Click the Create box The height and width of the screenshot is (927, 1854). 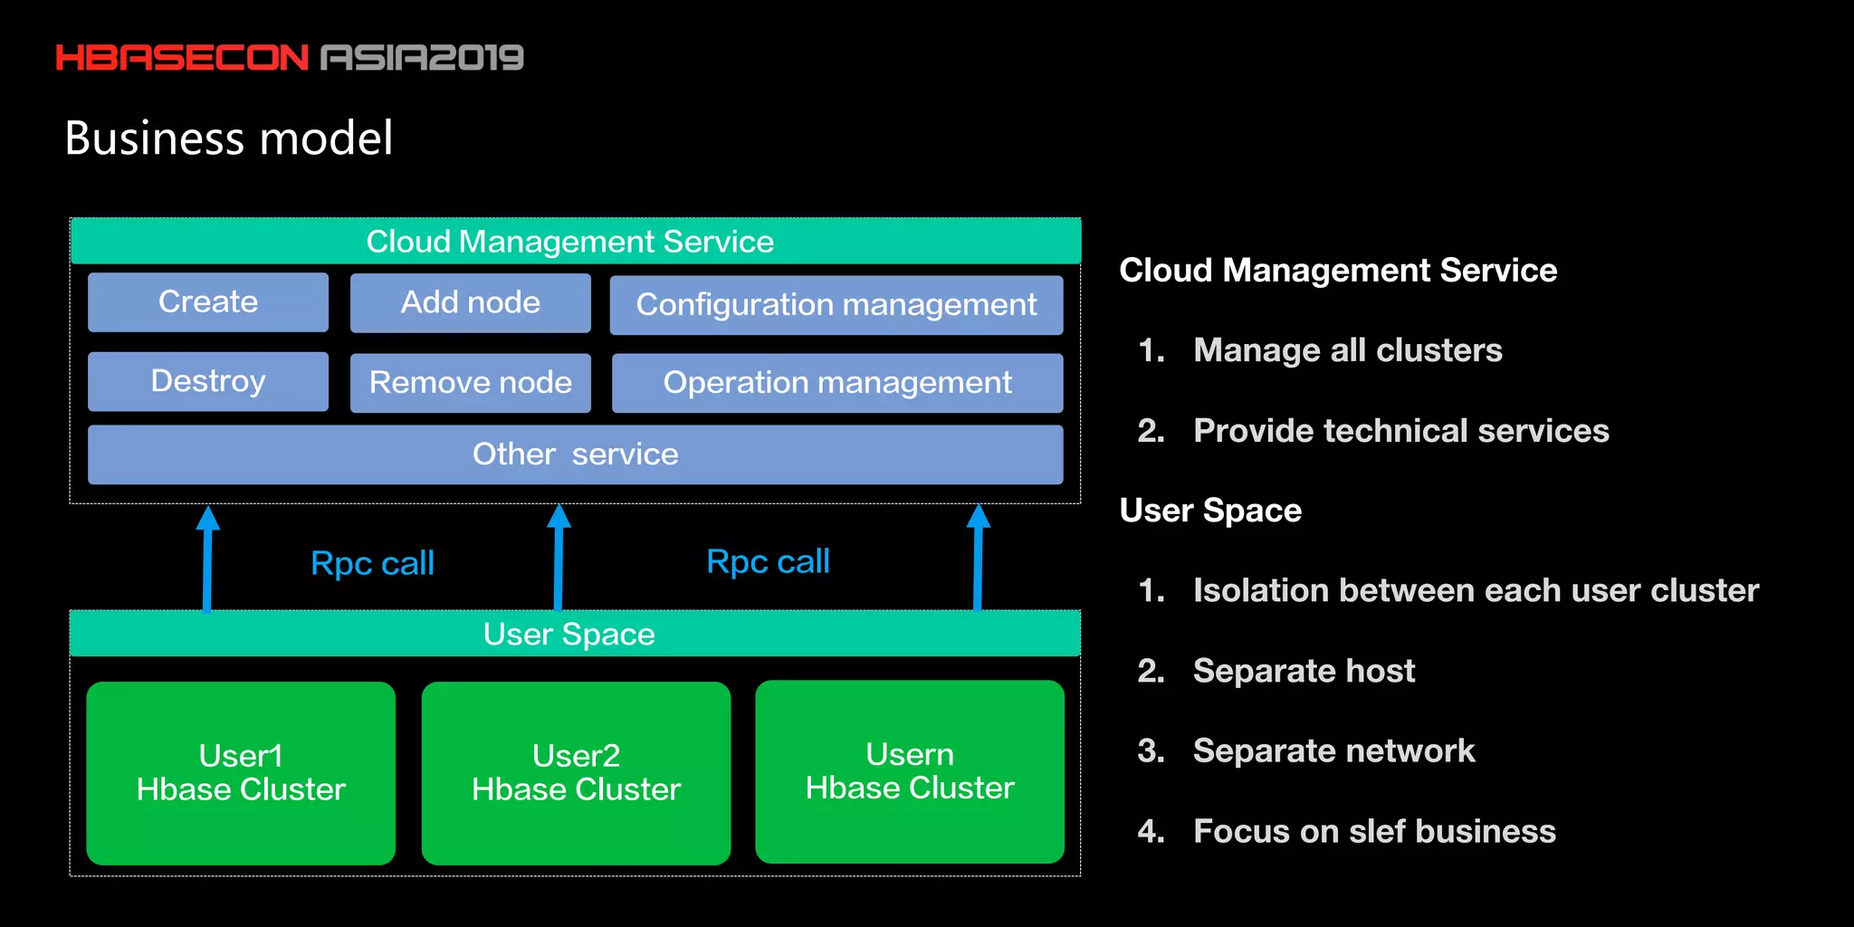point(208,302)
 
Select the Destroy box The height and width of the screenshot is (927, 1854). point(208,382)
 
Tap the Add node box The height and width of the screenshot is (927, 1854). point(470,303)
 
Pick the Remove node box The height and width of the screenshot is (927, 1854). point(470,383)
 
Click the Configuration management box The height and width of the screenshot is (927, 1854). point(836,305)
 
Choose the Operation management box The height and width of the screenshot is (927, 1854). point(836,383)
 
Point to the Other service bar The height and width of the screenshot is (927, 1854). point(575,454)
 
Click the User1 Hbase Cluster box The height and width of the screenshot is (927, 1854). point(241,773)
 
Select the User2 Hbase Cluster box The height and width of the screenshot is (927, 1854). point(576,773)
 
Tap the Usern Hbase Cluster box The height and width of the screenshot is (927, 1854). point(910,771)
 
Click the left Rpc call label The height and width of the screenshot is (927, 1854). point(372,564)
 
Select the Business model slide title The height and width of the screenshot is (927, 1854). point(229,139)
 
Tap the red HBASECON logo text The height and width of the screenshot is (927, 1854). point(182,58)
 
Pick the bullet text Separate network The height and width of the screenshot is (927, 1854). point(1333,750)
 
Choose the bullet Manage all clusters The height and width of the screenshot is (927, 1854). point(1347,350)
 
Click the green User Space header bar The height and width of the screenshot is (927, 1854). point(575,634)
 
